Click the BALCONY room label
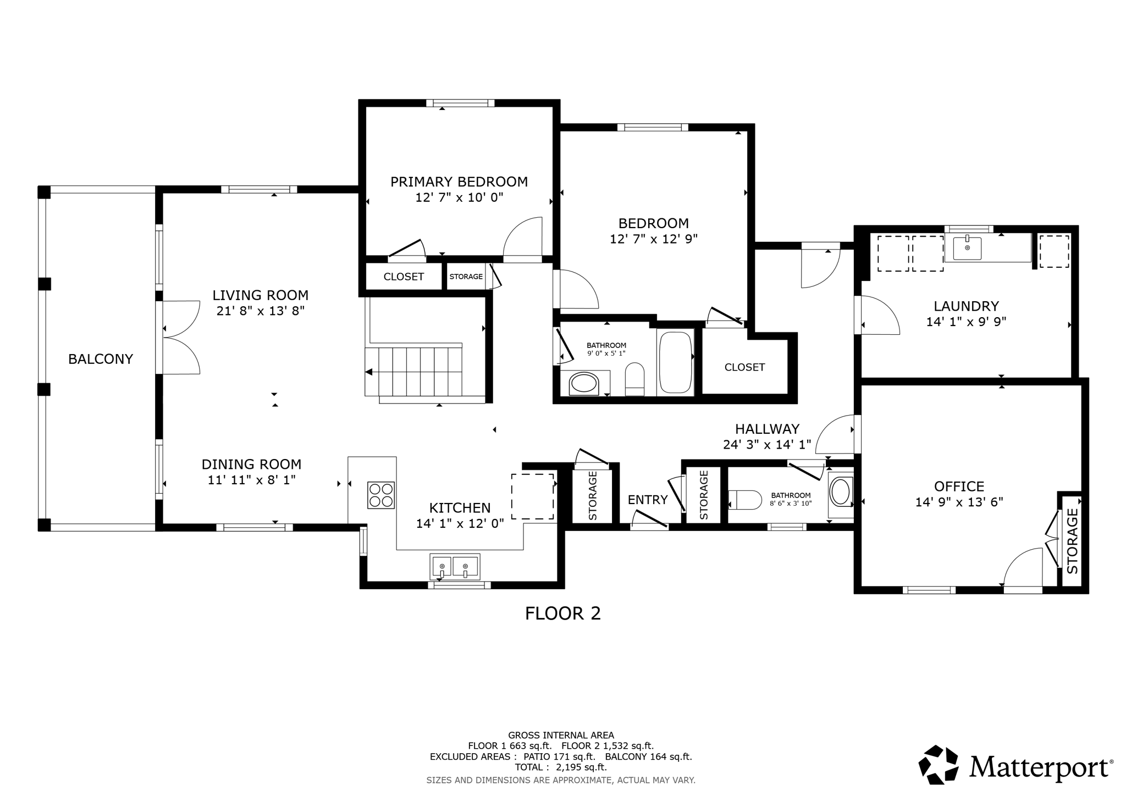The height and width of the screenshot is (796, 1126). (101, 359)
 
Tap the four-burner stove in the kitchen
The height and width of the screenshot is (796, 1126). (381, 495)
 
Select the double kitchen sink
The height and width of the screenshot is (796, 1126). (454, 567)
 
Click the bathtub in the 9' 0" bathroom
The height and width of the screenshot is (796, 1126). (675, 361)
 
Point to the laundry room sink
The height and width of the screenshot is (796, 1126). (967, 248)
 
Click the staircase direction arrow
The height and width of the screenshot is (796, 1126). (369, 372)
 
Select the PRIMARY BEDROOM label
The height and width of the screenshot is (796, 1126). (459, 182)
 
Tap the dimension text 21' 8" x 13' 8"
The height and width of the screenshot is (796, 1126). (261, 311)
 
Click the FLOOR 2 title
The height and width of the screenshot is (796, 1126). (562, 613)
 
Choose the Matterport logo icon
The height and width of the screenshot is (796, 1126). (939, 765)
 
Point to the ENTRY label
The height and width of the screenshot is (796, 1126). (647, 500)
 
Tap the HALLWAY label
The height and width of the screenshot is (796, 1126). (767, 429)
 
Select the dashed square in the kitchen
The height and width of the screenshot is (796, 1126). (532, 496)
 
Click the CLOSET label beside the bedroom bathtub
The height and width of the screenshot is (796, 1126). (744, 367)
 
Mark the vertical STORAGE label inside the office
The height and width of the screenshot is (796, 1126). (1072, 541)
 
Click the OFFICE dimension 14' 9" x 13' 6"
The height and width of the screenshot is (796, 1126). (959, 502)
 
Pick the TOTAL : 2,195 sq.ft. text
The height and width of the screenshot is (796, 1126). (560, 767)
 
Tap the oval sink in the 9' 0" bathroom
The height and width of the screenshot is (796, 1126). (583, 383)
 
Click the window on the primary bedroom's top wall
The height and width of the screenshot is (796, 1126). (460, 103)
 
